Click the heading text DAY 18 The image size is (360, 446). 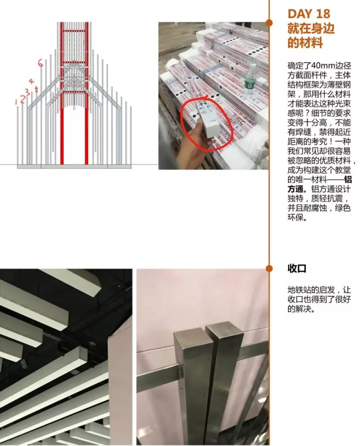pos(309,14)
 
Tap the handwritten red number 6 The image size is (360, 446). pos(41,63)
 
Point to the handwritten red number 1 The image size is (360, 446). pos(16,102)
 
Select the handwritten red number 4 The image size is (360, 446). pos(31,81)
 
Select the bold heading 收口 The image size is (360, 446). pos(297,269)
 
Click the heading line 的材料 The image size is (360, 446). pos(305,43)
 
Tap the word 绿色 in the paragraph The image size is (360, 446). pos(342,208)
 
